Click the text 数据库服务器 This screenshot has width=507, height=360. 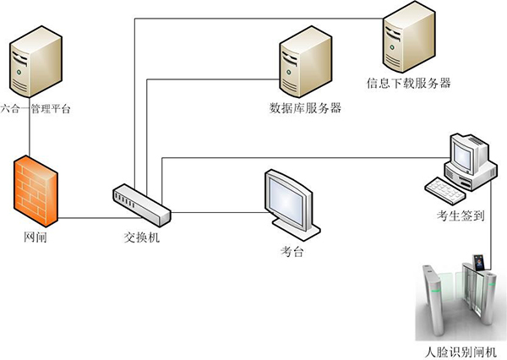tap(305, 108)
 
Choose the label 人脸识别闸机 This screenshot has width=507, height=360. tap(461, 351)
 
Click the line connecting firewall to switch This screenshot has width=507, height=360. tap(85, 219)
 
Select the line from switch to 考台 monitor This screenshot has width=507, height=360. tap(220, 211)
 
